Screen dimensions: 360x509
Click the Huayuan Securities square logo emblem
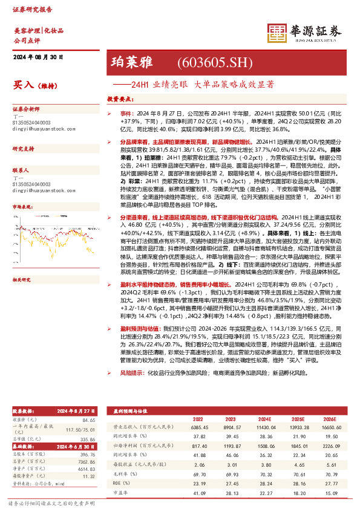(x=277, y=34)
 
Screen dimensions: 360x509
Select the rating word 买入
(x=22, y=85)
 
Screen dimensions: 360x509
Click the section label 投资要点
(x=120, y=98)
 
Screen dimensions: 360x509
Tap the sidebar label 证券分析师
(x=25, y=109)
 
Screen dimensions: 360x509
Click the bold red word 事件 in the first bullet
(x=125, y=113)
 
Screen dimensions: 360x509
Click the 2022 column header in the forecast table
(x=198, y=418)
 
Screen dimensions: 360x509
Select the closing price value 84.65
(x=89, y=420)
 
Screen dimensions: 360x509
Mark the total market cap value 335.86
(x=88, y=439)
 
